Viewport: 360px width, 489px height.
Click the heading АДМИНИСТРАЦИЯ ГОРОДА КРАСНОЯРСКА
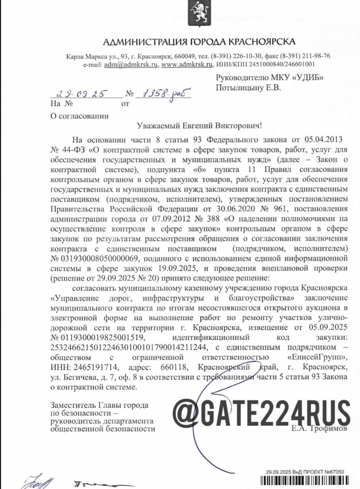tap(199, 42)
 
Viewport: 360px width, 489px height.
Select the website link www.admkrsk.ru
tap(187, 65)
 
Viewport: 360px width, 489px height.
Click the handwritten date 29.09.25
tap(81, 94)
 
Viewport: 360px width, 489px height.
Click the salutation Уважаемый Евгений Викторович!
tap(200, 125)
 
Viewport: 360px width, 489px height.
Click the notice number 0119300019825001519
tap(101, 337)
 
